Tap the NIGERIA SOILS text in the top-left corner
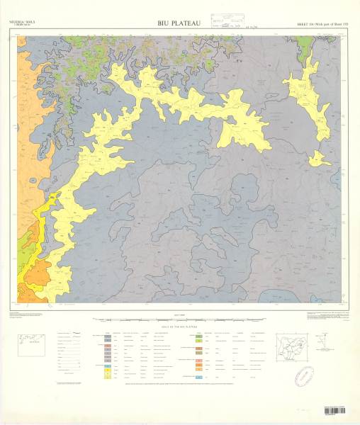[22, 23]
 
